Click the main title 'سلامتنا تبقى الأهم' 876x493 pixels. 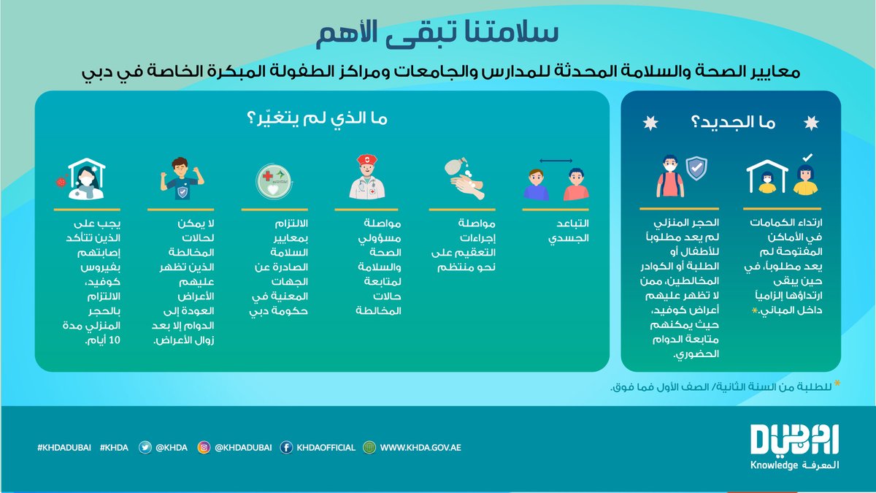pyautogui.click(x=437, y=33)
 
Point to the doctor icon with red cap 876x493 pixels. pyautogui.click(x=367, y=177)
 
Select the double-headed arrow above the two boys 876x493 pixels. pyautogui.click(x=556, y=161)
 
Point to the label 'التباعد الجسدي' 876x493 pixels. pyautogui.click(x=567, y=231)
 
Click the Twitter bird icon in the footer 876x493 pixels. pyautogui.click(x=145, y=448)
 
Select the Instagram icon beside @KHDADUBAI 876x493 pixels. pyautogui.click(x=205, y=448)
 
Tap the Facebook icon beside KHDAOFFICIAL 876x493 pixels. pyautogui.click(x=286, y=448)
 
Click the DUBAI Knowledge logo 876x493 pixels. pyautogui.click(x=795, y=447)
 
